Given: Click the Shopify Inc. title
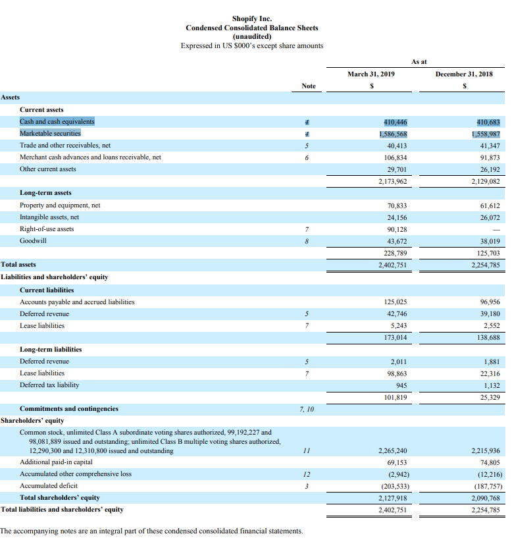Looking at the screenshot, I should click(252, 18).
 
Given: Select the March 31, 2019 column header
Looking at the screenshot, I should click(371, 74).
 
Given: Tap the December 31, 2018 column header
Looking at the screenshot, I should click(464, 74).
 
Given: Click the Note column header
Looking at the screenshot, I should click(309, 86).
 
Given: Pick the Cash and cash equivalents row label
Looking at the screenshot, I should click(57, 122).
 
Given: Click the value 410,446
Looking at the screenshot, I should click(395, 122).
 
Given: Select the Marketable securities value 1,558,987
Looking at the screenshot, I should click(486, 134).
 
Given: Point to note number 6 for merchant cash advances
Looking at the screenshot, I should click(307, 157).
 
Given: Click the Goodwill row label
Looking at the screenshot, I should click(33, 240).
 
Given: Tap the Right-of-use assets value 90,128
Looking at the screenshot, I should click(397, 229).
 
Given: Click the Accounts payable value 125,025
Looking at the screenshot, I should click(396, 302).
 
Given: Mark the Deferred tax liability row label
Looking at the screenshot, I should click(49, 385).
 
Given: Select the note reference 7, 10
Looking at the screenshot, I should click(307, 409).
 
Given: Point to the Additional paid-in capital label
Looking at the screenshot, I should click(56, 462).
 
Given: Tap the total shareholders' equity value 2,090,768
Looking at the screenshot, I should click(486, 498).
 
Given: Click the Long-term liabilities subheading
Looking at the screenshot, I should click(51, 349).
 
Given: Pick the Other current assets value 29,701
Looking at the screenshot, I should click(397, 169).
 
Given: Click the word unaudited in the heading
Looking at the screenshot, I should click(252, 37).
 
